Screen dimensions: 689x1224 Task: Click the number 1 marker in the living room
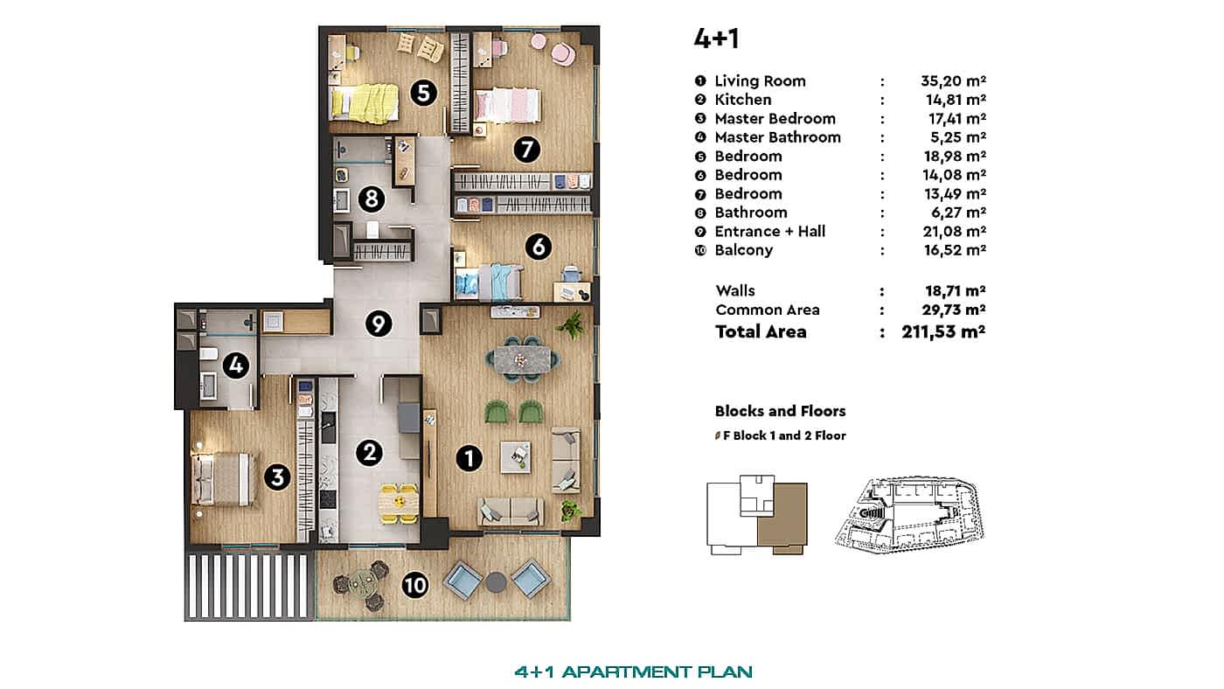coord(469,457)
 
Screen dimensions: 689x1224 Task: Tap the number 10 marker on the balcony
coord(416,585)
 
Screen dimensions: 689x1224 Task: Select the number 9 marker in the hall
coord(378,324)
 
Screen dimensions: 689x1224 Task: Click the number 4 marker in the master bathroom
coord(235,365)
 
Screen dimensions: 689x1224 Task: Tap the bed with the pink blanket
coord(508,106)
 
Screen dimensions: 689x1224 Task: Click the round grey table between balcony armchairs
coord(497,581)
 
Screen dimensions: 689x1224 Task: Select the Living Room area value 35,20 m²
coord(953,81)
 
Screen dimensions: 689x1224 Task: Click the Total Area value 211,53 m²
coord(944,331)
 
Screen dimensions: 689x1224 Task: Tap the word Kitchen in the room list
coord(742,100)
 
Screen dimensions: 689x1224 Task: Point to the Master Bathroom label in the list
coord(777,137)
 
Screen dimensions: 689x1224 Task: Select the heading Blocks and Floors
coord(780,411)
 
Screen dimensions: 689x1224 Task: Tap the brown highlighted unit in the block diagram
coord(782,519)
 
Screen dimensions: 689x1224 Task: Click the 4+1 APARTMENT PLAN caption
coord(634,672)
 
